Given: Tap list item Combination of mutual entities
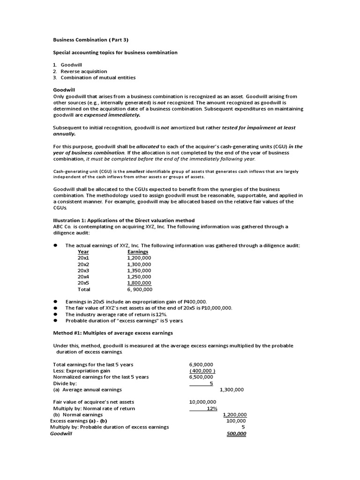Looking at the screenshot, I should point(98,77).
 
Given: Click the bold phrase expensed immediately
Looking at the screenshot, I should point(112,115).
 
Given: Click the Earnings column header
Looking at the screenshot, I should point(138,252).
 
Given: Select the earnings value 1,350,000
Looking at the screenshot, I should point(139,270).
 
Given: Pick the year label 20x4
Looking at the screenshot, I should point(83,277).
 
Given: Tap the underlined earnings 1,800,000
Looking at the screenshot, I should point(139,283).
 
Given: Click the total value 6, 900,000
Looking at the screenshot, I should point(140,290).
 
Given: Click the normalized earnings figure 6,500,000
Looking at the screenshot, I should point(201,376).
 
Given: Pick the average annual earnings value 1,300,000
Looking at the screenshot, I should point(232,390).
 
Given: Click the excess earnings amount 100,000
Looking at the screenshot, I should point(236,421).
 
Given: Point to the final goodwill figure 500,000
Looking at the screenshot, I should point(236,434).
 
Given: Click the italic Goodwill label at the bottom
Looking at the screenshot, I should point(61,434).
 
